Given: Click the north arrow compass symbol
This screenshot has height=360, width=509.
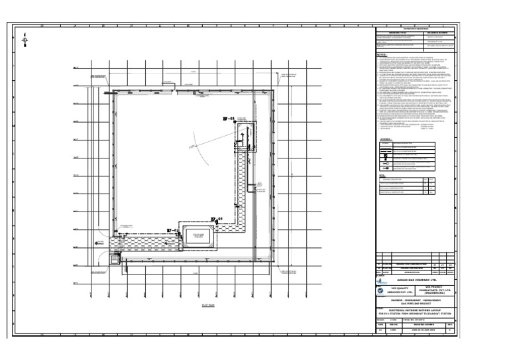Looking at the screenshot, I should click(25, 40).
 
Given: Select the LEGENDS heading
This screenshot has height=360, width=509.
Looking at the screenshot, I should click(384, 139).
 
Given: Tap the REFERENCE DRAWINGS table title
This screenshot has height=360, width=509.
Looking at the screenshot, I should click(416, 28).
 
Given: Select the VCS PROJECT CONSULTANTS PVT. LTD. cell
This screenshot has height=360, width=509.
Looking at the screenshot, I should click(437, 290).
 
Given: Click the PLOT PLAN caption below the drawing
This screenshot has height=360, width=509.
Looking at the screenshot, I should click(191, 306).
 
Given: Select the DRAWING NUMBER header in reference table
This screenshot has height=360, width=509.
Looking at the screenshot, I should click(438, 31).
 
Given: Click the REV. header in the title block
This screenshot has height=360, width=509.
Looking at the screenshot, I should click(450, 324).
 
